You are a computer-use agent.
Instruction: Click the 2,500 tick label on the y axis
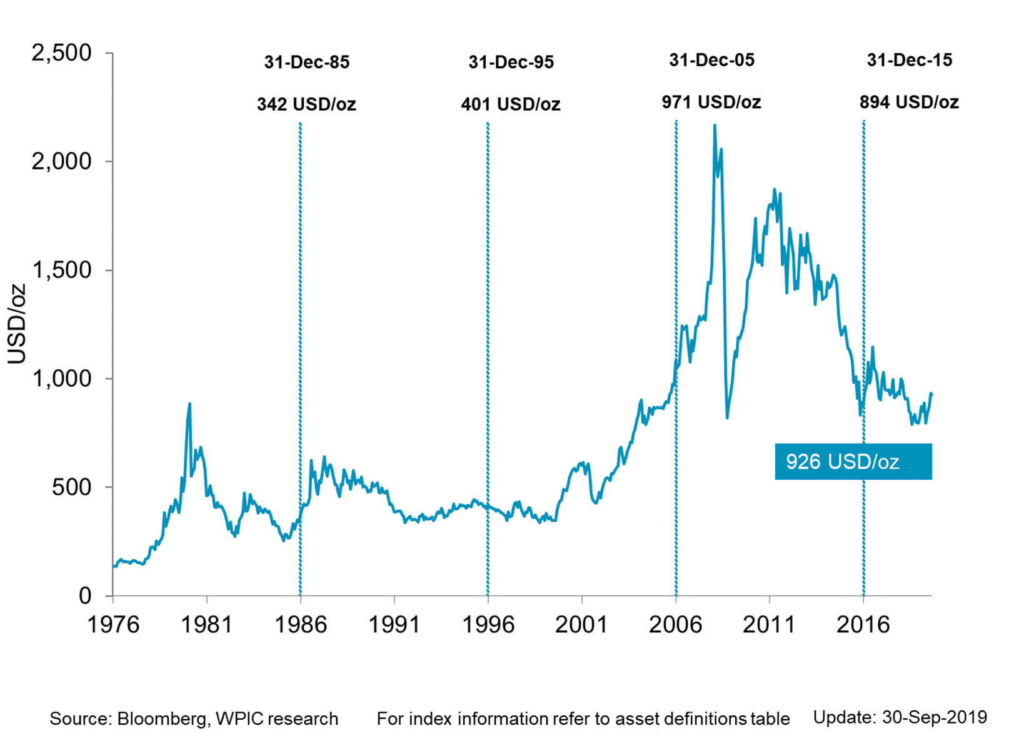[x=61, y=53]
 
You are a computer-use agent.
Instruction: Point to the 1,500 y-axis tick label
[x=61, y=271]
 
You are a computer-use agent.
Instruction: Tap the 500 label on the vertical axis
[x=71, y=487]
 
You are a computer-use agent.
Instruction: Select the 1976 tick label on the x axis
[x=113, y=625]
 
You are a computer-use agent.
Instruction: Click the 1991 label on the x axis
[x=394, y=625]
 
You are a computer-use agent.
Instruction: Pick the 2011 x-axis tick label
[x=768, y=625]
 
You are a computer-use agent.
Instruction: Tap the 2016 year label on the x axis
[x=863, y=625]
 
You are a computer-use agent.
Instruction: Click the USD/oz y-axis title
[x=17, y=324]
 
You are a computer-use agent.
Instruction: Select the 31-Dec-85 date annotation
[x=306, y=62]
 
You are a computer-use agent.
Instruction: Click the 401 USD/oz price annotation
[x=510, y=104]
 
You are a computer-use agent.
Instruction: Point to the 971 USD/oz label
[x=711, y=102]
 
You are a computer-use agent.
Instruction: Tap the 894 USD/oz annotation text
[x=909, y=102]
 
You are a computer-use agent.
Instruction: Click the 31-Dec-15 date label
[x=909, y=60]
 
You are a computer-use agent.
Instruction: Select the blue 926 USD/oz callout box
[x=853, y=462]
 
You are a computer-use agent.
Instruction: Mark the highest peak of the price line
[x=715, y=126]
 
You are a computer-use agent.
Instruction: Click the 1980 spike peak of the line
[x=189, y=404]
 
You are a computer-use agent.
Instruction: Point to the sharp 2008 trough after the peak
[x=727, y=417]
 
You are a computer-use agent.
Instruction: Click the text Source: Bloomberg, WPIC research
[x=194, y=719]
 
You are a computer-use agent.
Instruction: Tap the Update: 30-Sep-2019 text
[x=900, y=717]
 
